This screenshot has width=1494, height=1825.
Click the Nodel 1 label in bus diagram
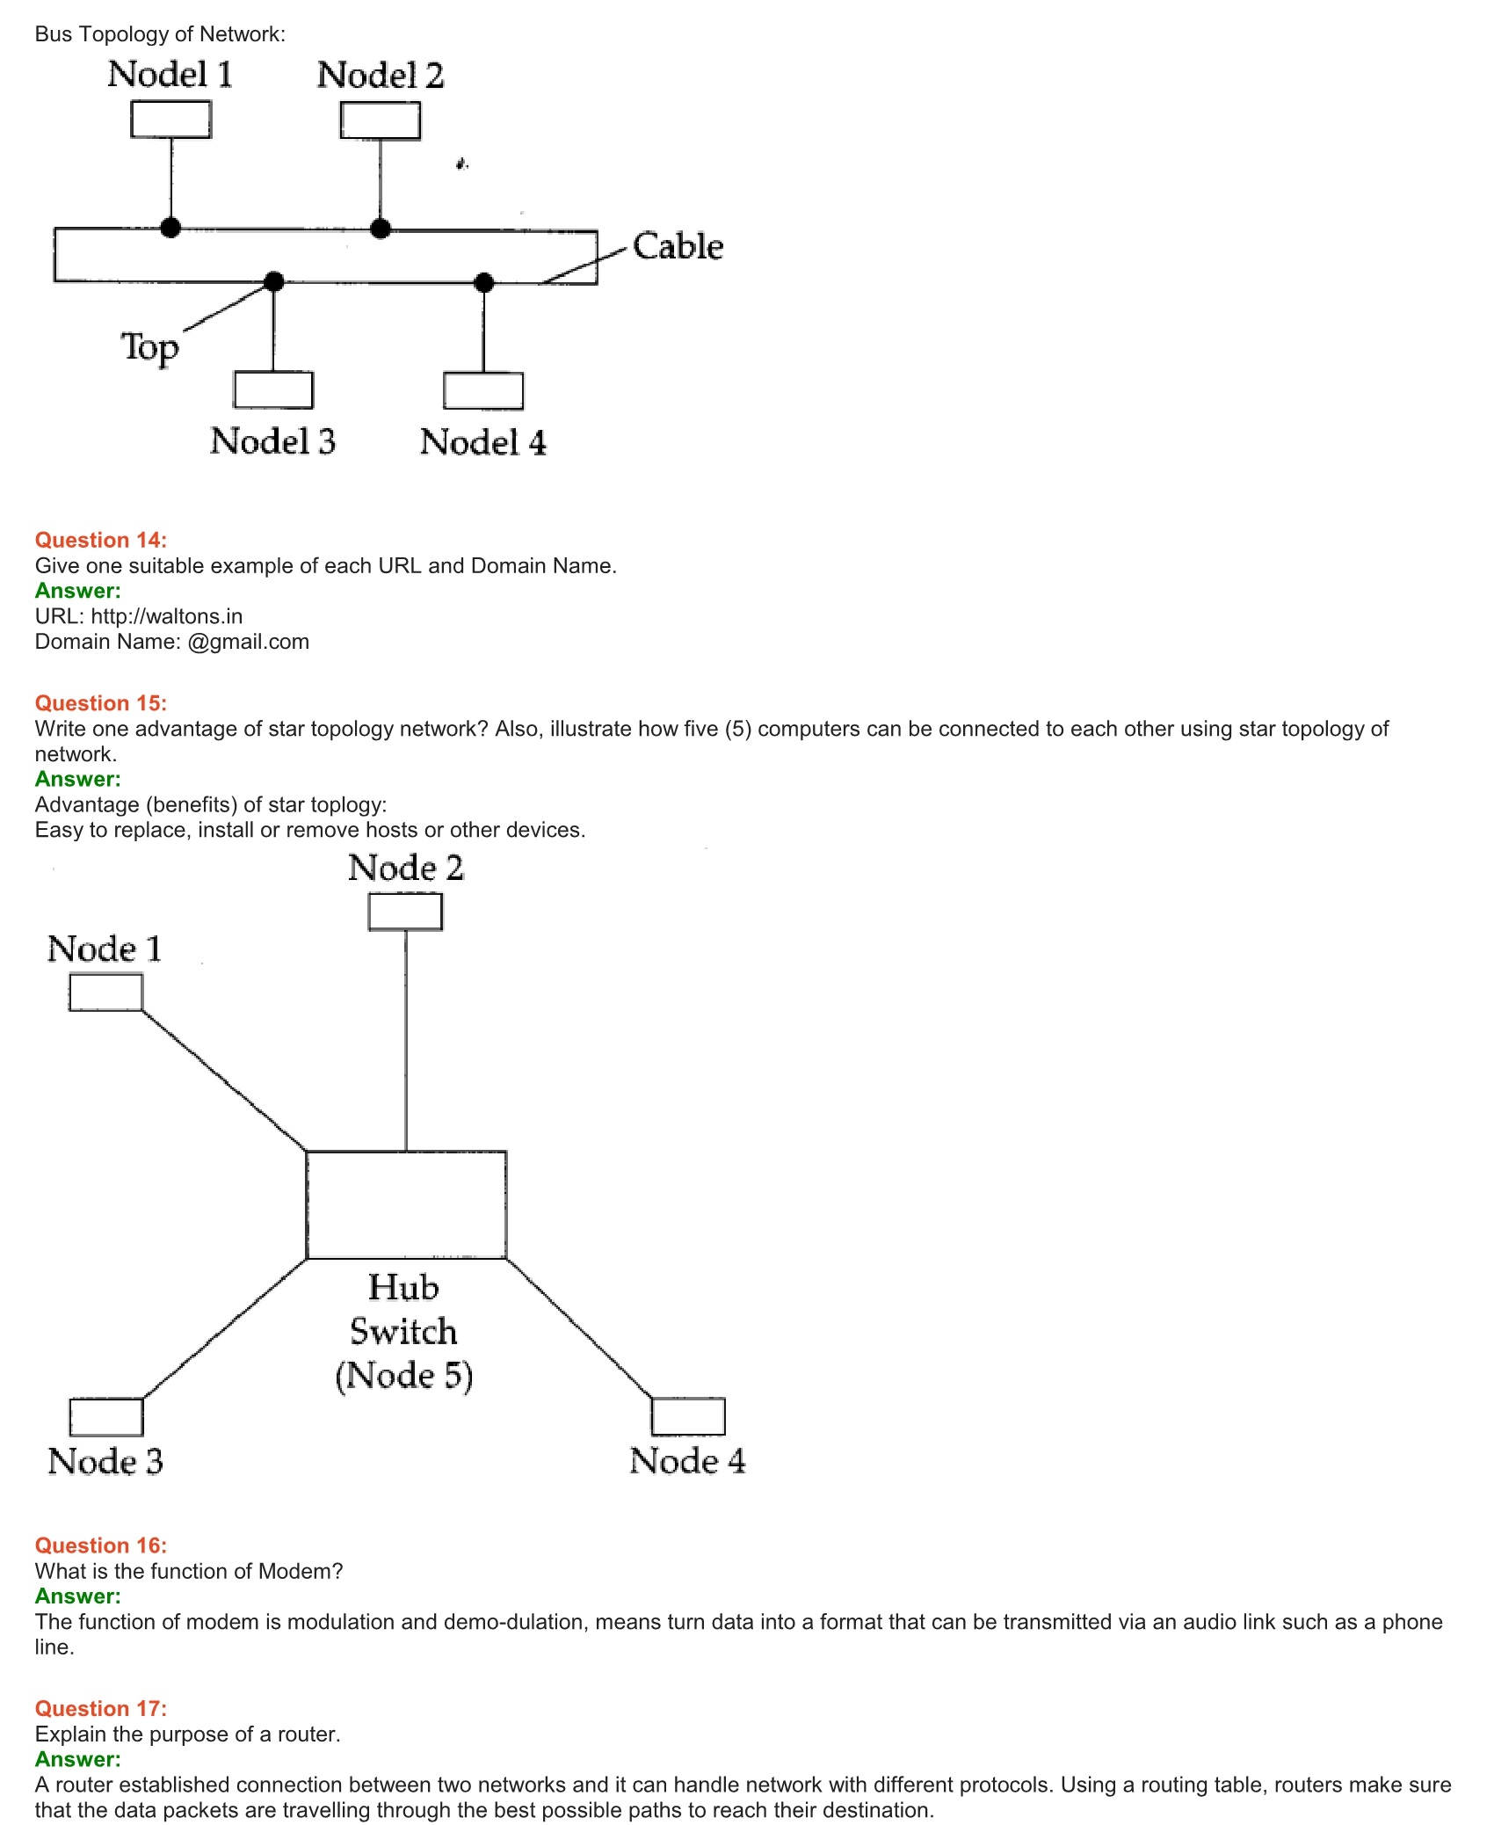pos(170,75)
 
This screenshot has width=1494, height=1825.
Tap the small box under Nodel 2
pos(380,120)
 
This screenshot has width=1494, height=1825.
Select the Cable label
pos(678,247)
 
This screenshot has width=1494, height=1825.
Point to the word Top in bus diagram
pos(149,347)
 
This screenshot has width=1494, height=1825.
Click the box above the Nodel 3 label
pos(273,389)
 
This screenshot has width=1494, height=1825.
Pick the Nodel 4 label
pos(482,442)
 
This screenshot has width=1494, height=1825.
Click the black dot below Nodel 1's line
pos(170,228)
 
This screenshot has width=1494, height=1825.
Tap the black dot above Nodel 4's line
pos(483,282)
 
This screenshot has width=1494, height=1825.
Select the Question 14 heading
pos(100,540)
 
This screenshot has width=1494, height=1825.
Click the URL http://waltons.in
pos(166,616)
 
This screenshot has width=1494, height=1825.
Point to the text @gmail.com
pos(248,642)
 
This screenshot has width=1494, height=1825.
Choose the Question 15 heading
pos(100,703)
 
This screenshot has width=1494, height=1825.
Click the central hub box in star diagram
pos(406,1204)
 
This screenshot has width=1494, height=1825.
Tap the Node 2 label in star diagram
pos(405,869)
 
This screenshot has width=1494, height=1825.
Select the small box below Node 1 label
pos(105,992)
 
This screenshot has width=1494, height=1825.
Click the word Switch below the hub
pos(403,1332)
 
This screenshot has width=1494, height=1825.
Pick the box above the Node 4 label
pos(688,1415)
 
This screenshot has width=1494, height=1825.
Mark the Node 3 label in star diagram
pos(105,1462)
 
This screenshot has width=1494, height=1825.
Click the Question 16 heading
pos(100,1545)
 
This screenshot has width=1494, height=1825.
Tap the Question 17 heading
pos(100,1708)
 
